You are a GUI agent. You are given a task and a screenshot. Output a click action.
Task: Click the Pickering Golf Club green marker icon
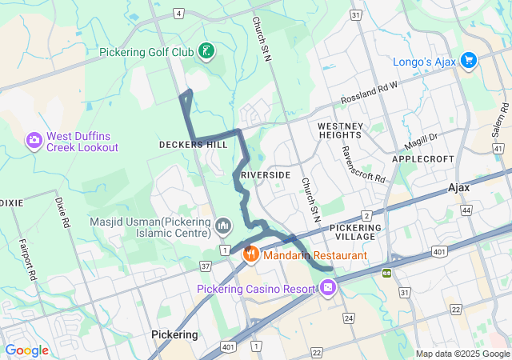pos(206,52)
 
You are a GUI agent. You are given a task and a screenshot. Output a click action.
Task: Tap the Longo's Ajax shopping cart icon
pos(468,61)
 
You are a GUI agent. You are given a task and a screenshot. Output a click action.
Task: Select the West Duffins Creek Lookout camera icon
pos(34,141)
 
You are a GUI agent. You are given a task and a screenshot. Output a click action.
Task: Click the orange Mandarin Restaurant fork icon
pos(250,254)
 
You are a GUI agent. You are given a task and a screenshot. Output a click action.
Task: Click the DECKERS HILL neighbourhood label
pos(193,145)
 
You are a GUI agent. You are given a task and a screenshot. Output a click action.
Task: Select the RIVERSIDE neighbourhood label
pos(265,174)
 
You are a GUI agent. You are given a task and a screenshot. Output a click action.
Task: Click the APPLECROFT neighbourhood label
pos(423,159)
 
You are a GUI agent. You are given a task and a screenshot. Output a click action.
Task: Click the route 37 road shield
pos(206,265)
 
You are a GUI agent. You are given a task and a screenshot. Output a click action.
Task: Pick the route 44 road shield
pos(466,210)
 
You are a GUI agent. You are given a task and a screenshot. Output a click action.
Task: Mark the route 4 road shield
pos(178,14)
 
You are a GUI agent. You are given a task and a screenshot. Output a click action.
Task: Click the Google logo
pos(26,350)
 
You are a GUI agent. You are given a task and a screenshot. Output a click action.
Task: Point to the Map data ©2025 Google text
pos(462,354)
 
